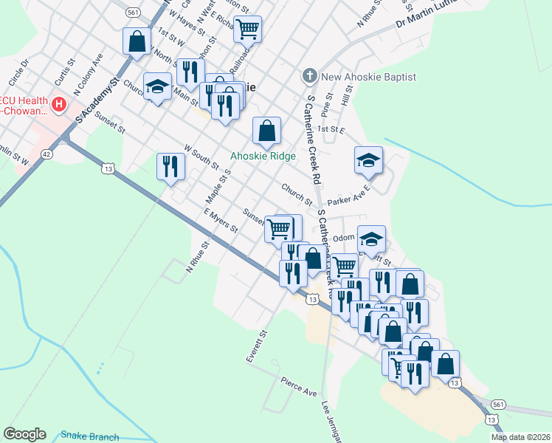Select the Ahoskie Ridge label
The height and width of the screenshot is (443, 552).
coord(263,156)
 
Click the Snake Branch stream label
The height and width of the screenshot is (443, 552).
coord(89,436)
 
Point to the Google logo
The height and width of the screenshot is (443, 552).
coord(24,434)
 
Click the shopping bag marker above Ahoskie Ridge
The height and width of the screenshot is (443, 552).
coord(266,131)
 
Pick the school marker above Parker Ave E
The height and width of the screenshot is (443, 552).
coord(368,160)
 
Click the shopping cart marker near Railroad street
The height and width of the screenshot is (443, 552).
coord(249,29)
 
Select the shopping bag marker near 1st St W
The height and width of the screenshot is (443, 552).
coord(137,41)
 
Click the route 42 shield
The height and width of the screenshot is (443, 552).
coord(47,154)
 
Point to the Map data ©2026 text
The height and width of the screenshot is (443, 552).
coord(520,437)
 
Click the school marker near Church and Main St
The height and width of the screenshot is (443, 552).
coord(157,86)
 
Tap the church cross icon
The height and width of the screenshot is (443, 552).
coord(309,77)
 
